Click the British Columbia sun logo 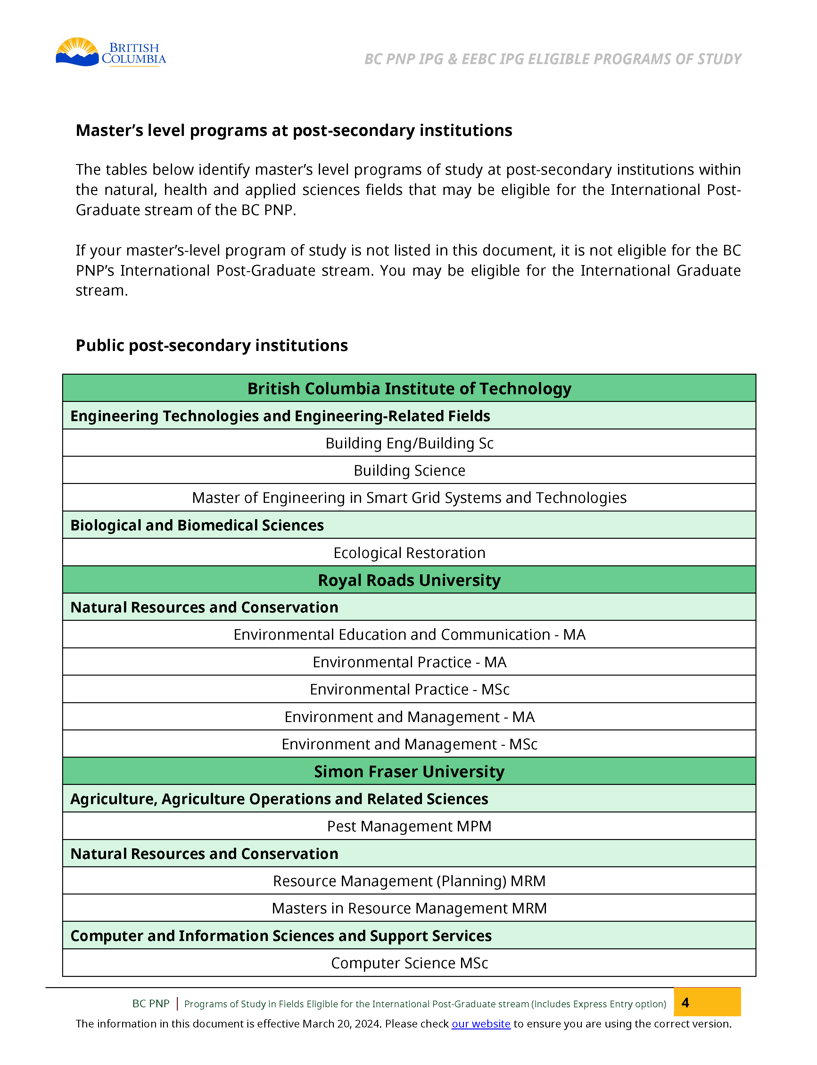point(78,52)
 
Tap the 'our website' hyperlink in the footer point(481,1024)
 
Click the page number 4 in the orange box point(685,1003)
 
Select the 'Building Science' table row point(409,470)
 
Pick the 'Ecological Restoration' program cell point(409,553)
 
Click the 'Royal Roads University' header point(409,580)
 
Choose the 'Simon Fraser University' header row point(409,772)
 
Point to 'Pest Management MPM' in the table point(409,826)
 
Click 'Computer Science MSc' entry point(409,963)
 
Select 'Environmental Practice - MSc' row point(409,689)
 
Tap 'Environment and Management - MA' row point(409,717)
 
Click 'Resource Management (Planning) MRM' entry point(409,881)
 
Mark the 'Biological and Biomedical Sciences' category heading point(197,525)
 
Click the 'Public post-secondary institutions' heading point(211,345)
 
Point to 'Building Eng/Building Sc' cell point(409,443)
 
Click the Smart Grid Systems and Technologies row point(409,498)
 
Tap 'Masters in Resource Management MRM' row point(409,908)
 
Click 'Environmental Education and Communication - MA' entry point(409,635)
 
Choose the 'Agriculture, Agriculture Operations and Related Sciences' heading point(279,799)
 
